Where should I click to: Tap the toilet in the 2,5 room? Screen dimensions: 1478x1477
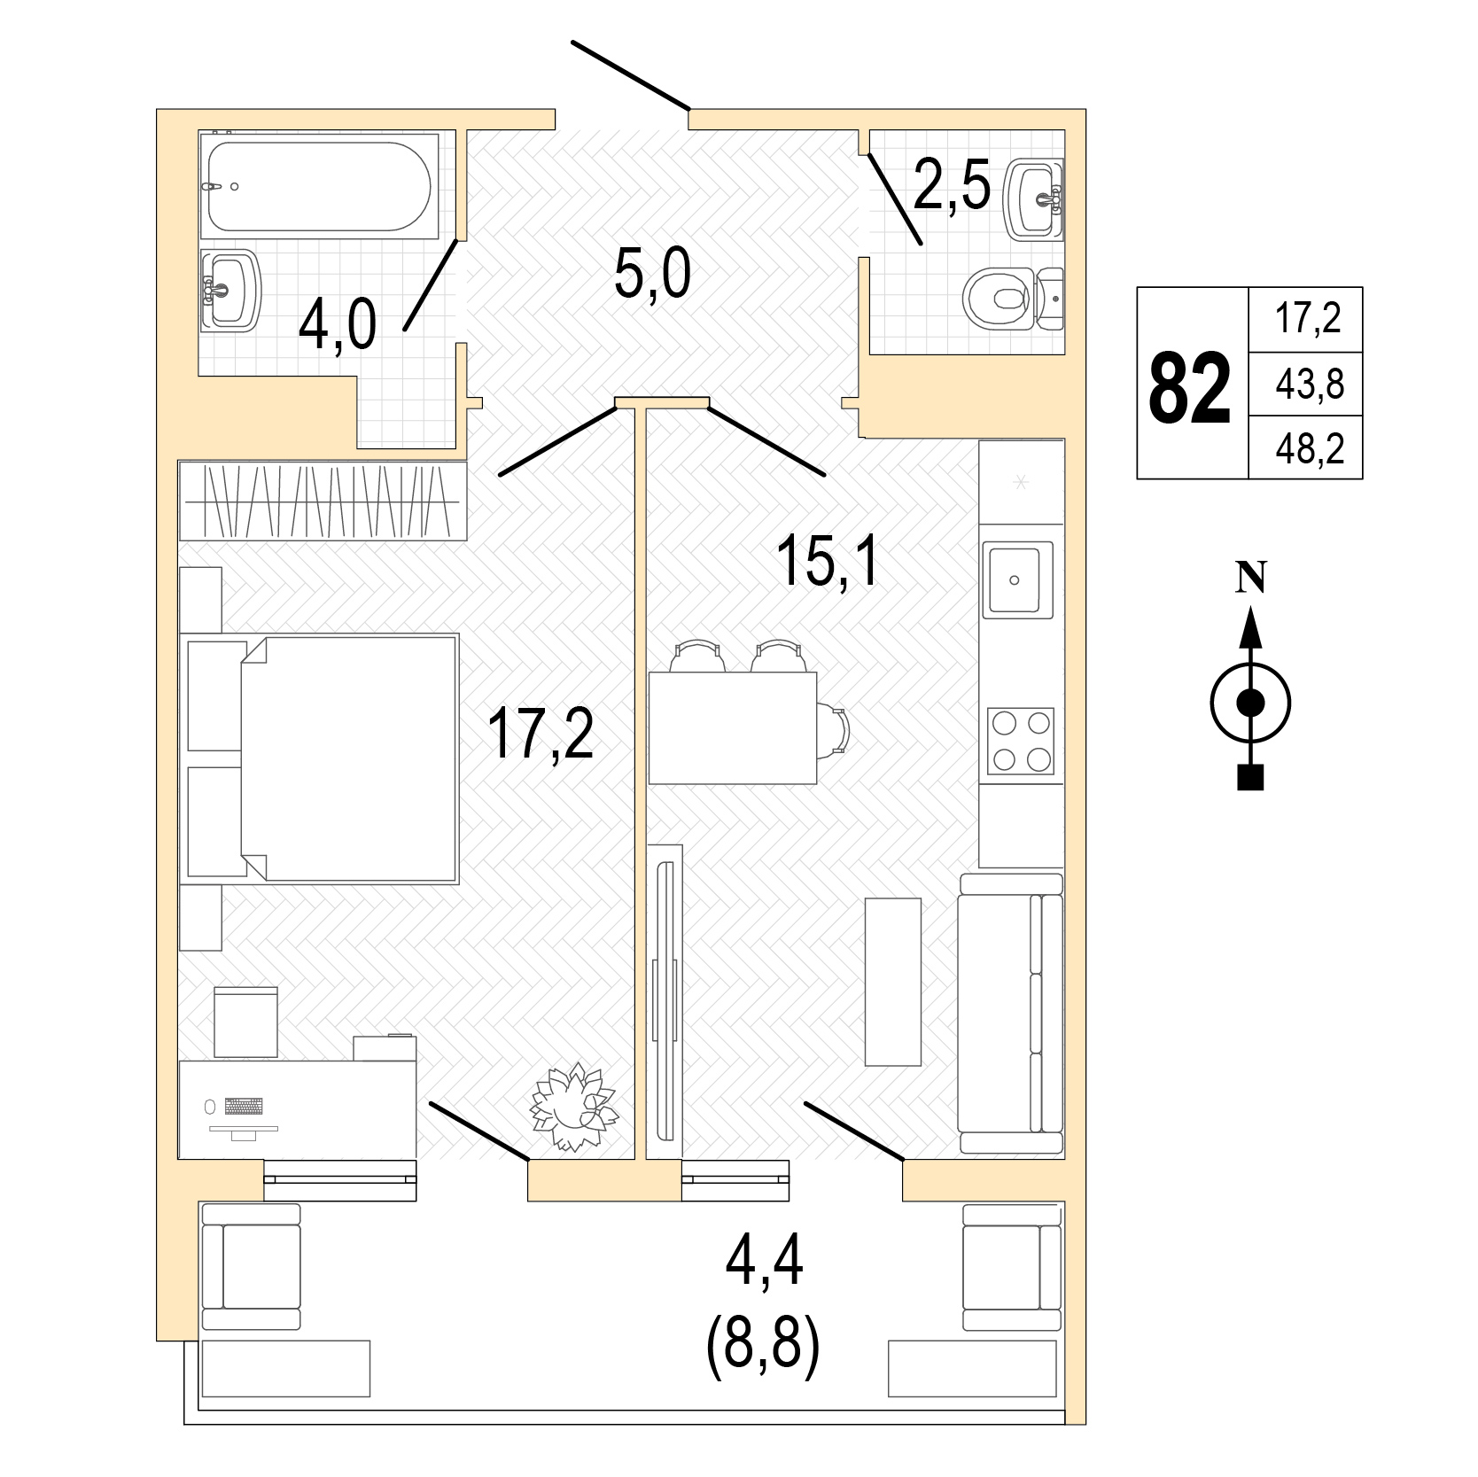click(x=1013, y=299)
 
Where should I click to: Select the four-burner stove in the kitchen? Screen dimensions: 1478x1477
click(x=1021, y=741)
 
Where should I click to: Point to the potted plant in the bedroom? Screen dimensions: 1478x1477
click(x=572, y=1107)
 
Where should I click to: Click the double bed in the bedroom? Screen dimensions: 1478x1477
click(x=349, y=758)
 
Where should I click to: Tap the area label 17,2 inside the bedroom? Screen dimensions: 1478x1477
click(x=541, y=733)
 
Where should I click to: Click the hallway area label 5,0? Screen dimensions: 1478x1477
click(x=652, y=276)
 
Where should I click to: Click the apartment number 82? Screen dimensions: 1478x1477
click(x=1190, y=387)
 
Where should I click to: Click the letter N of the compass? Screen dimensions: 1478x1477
click(x=1250, y=578)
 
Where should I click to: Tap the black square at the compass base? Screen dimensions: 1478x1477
click(x=1250, y=777)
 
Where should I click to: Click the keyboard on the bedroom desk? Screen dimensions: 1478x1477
click(x=244, y=1106)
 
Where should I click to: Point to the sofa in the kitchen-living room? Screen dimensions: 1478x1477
click(x=1011, y=1014)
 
